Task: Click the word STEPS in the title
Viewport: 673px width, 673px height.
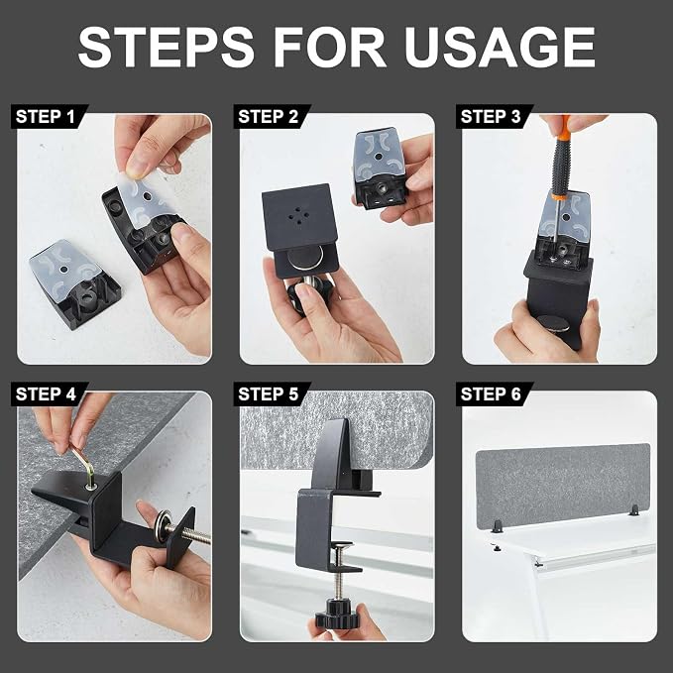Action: pos(167,47)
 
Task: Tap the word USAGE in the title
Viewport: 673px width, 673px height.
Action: pos(500,47)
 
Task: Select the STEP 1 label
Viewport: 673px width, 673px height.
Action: pos(46,117)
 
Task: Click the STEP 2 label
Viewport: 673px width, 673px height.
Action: pos(269,117)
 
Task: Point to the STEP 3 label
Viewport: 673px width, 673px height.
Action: pos(491,117)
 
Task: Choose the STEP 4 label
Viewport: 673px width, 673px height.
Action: pos(46,394)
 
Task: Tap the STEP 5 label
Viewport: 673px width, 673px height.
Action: pos(269,394)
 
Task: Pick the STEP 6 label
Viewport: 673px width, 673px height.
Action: pos(491,394)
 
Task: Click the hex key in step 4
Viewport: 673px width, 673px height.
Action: pos(83,466)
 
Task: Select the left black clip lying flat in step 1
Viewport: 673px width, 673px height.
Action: pos(75,284)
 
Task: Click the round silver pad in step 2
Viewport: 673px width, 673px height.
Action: pos(304,258)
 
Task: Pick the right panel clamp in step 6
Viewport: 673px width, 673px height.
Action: pos(634,510)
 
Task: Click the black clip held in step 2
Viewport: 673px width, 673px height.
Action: pos(380,169)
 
